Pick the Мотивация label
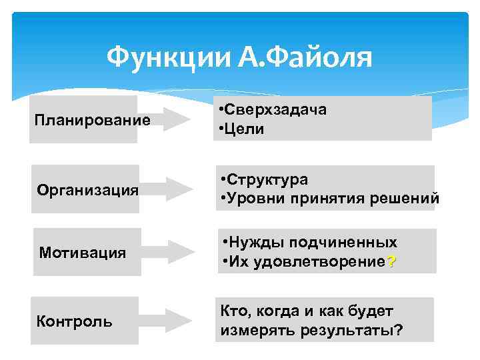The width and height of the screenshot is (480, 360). pos(83,253)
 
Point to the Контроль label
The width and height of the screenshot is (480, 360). pos(75,321)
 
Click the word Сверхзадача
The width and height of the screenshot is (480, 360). pos(276,110)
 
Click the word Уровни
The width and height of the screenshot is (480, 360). pos(255,198)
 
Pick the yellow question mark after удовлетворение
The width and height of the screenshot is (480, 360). pos(391,261)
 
